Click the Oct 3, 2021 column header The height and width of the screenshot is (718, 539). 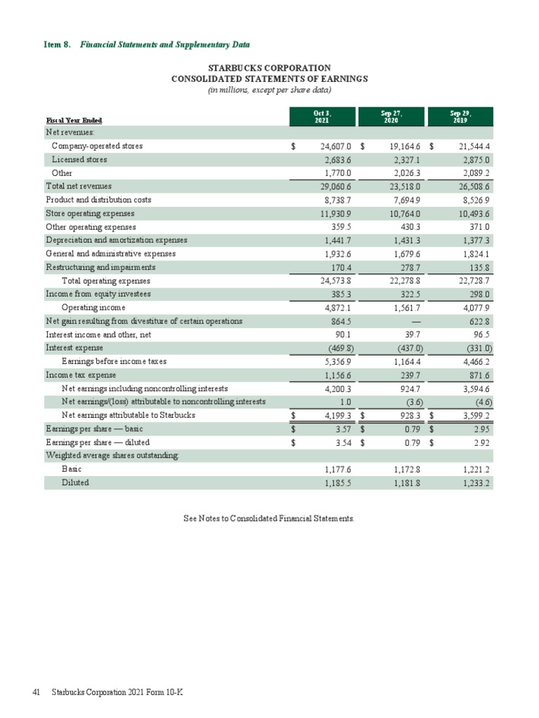pos(322,116)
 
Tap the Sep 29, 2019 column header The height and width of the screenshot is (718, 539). pos(460,116)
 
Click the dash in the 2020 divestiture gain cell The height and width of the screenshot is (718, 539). pos(415,321)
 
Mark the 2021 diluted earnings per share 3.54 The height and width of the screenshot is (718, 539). pos(343,443)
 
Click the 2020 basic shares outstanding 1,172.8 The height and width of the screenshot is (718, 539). pos(407,470)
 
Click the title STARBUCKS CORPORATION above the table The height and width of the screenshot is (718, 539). pos(269,68)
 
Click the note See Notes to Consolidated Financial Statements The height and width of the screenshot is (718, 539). pos(269,519)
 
